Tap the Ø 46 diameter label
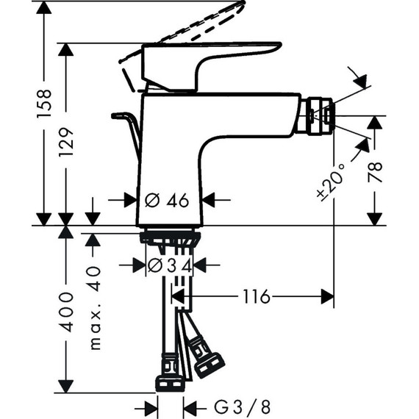click(x=168, y=199)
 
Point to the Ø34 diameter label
click(x=170, y=265)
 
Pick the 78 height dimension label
click(x=375, y=173)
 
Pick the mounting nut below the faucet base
click(x=170, y=238)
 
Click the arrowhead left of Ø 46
click(x=130, y=199)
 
